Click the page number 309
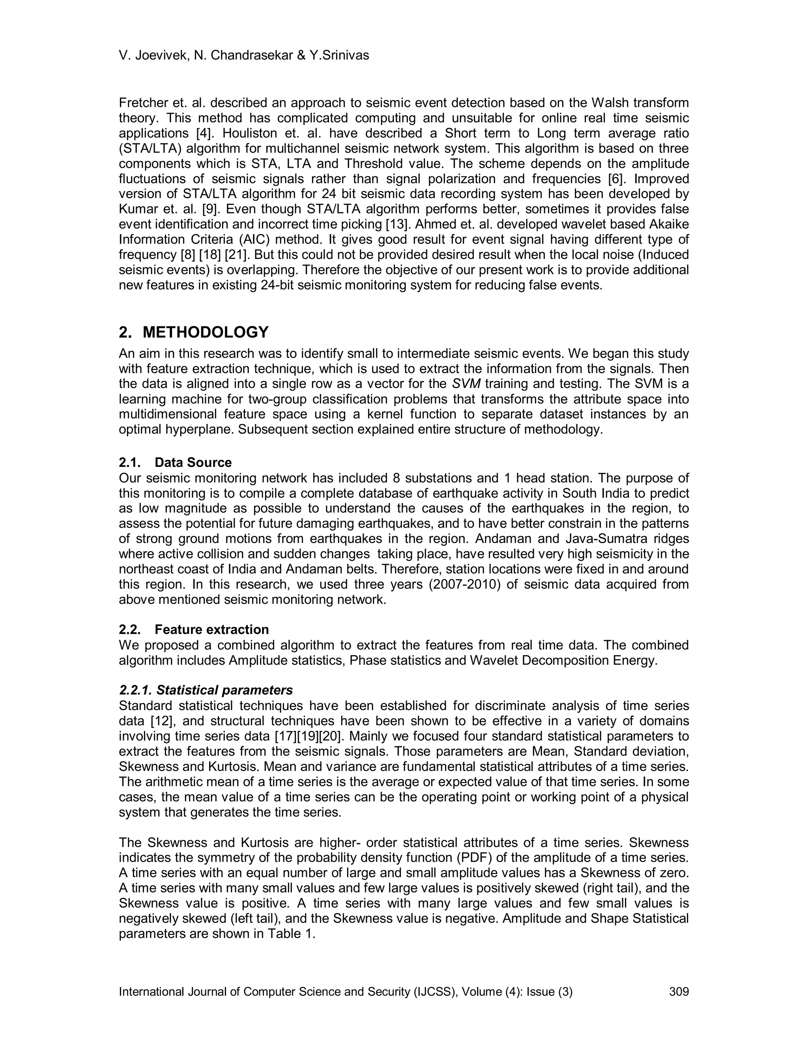[x=679, y=992]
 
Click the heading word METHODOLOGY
[x=206, y=332]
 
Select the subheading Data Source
[x=193, y=462]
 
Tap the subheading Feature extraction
[x=211, y=629]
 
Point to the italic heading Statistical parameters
[x=224, y=690]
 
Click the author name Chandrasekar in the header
[x=252, y=56]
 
